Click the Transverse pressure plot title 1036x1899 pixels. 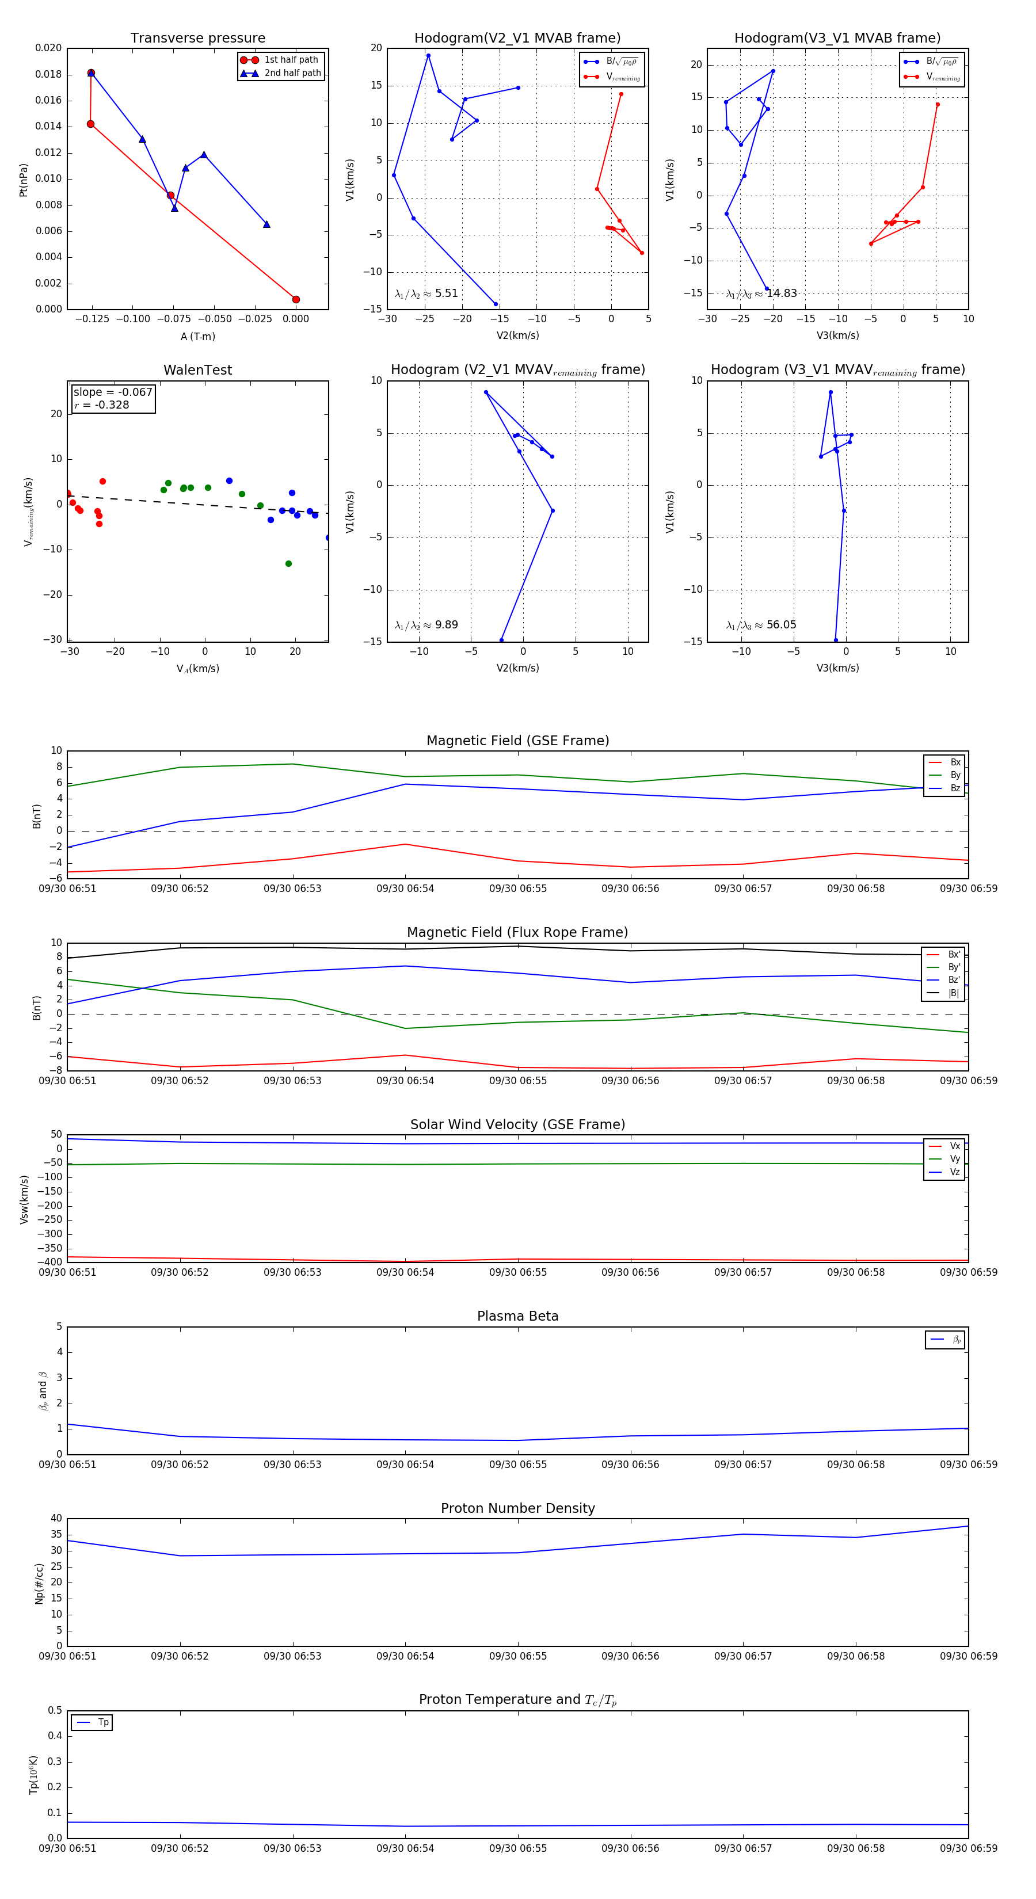[197, 39]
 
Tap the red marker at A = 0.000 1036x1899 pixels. [296, 299]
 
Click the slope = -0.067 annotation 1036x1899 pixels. [113, 392]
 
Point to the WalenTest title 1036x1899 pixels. [197, 370]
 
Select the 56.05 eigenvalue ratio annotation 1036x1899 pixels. [761, 625]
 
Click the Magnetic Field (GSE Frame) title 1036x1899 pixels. [517, 741]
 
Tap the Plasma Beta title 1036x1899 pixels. [517, 1317]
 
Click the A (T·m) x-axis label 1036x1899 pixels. [197, 337]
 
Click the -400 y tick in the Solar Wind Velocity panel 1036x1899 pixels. [51, 1262]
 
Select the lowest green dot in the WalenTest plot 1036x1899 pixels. [288, 564]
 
